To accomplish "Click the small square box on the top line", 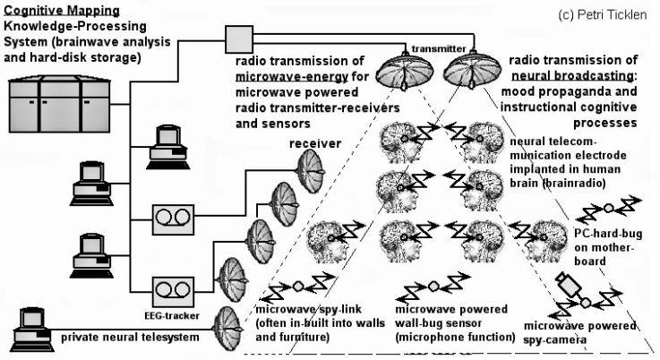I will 239,38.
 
